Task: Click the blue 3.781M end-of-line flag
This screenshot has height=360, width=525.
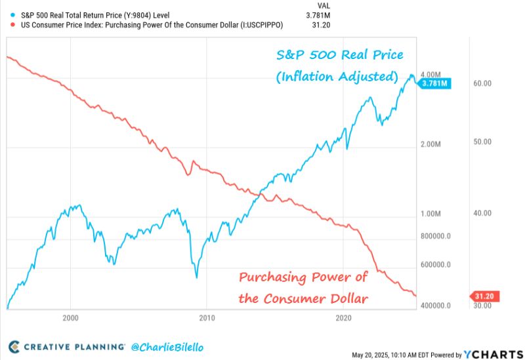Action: point(434,83)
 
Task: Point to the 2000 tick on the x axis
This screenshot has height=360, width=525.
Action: point(71,318)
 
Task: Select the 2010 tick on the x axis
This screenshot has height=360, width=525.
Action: point(207,318)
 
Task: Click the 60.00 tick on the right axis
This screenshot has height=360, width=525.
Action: point(482,83)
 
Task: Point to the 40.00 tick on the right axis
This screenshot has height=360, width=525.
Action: point(482,213)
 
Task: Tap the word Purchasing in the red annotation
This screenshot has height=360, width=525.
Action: point(272,277)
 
